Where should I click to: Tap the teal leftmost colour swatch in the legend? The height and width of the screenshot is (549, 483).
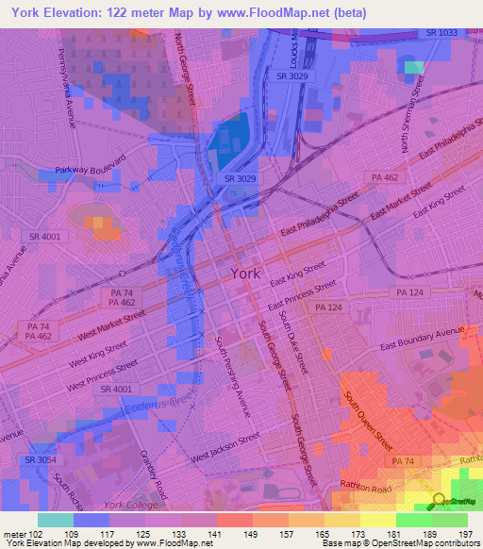click(x=56, y=519)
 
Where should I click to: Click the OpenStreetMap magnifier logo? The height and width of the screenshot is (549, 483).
click(x=440, y=501)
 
